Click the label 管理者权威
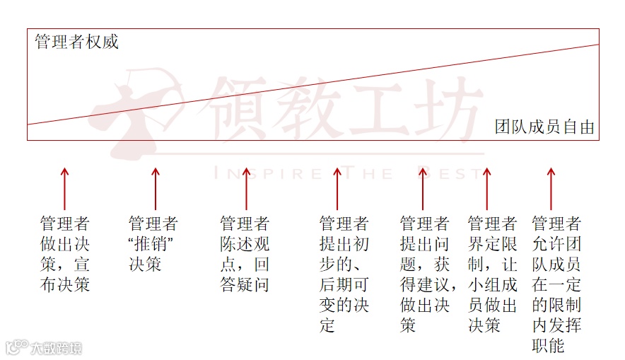(76, 42)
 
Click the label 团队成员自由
(544, 128)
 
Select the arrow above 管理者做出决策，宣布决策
(64, 189)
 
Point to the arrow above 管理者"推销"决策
(156, 189)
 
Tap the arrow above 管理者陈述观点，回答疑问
(246, 189)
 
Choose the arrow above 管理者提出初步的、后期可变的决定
(337, 189)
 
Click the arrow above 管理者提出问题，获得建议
(424, 189)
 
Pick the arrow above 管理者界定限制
(486, 189)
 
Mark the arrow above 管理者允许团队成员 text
(551, 189)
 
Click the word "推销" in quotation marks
(153, 245)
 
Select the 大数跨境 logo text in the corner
(54, 348)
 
